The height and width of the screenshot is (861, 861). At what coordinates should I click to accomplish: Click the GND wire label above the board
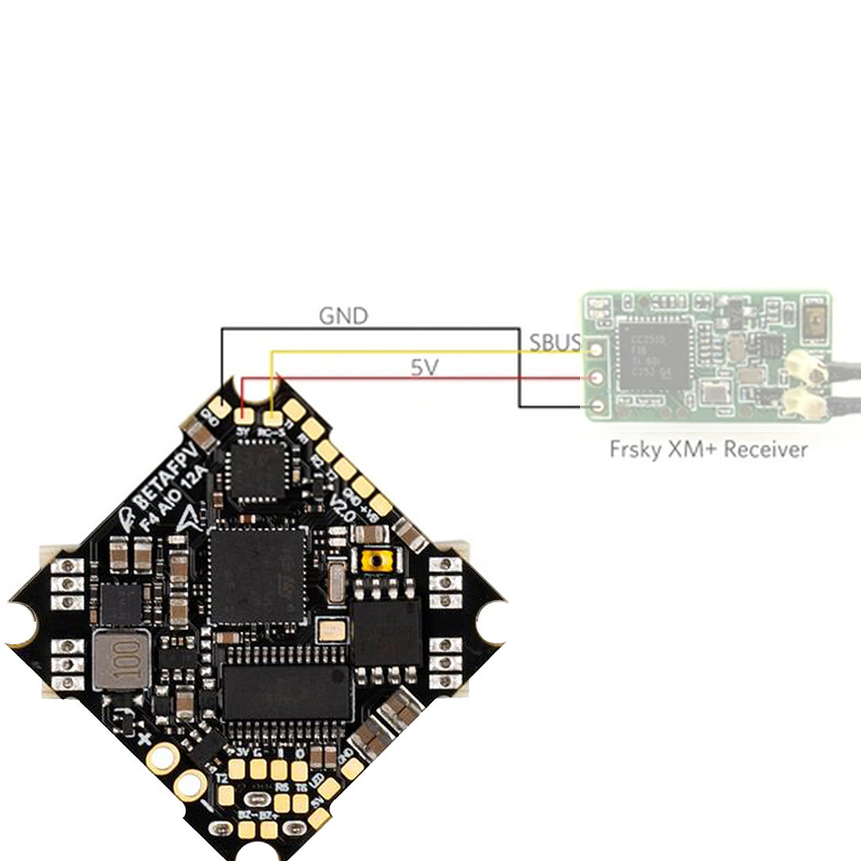[343, 315]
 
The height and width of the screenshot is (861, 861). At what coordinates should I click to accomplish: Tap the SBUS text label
[555, 343]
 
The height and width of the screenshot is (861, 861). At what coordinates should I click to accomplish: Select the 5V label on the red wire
[424, 367]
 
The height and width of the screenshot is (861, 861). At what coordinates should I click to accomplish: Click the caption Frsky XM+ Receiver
[708, 450]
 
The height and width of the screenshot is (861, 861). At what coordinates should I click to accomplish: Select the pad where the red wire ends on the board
[245, 409]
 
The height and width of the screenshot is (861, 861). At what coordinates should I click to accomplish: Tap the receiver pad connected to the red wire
[597, 378]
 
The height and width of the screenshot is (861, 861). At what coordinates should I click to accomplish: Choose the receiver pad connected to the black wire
[597, 407]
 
